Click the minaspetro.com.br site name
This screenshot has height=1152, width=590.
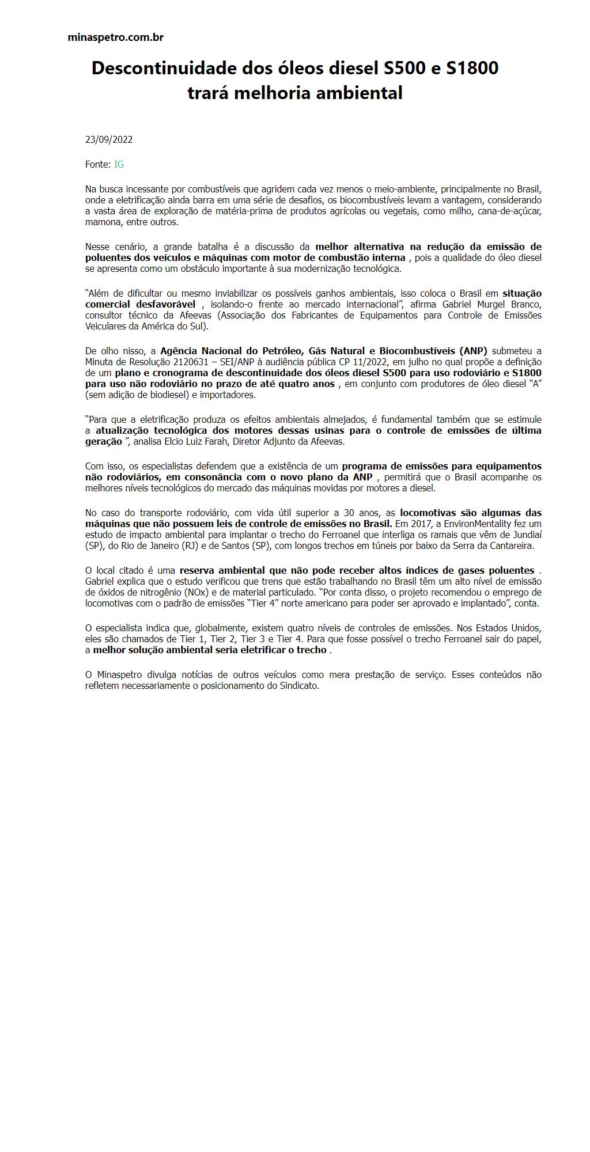pos(115,37)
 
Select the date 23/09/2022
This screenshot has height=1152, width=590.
pos(109,139)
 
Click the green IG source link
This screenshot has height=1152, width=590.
pos(119,164)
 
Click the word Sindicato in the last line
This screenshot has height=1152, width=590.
pos(299,686)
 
